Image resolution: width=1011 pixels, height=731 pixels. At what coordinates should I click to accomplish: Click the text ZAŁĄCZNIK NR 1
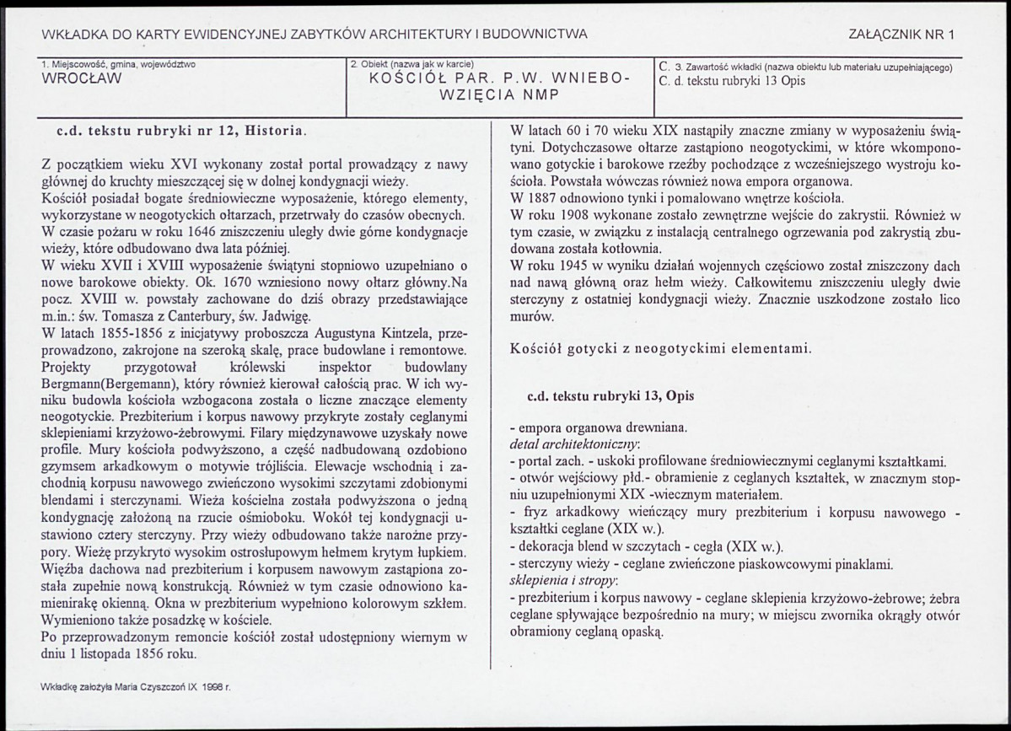[x=903, y=35]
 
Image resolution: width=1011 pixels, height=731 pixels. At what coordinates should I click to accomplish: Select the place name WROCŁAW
[x=81, y=78]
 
